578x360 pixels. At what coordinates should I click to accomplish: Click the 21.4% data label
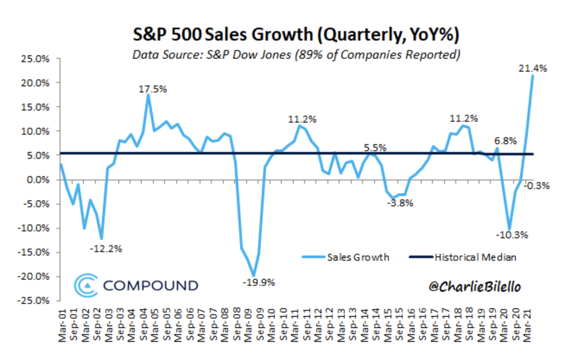532,68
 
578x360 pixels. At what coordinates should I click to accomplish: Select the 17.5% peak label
152,89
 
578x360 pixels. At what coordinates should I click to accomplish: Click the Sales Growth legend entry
358,258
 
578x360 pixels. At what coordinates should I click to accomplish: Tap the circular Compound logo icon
85,285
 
